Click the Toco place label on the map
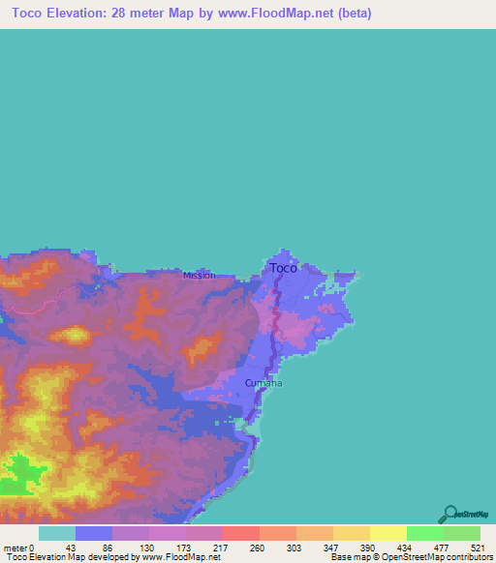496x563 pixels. (283, 268)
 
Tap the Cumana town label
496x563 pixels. (263, 383)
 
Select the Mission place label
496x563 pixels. (200, 276)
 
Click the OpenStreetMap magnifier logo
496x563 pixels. (449, 514)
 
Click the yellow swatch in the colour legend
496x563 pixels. (388, 533)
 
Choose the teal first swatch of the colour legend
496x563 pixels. (57, 533)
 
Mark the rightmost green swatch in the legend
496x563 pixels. (462, 533)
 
